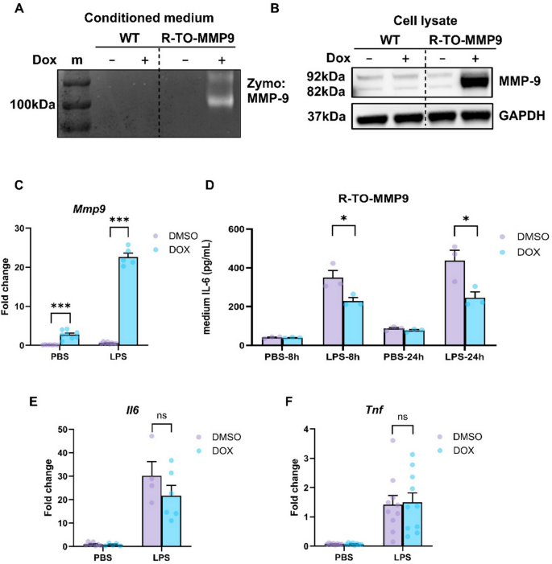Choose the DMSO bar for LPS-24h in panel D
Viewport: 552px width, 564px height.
click(x=456, y=303)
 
